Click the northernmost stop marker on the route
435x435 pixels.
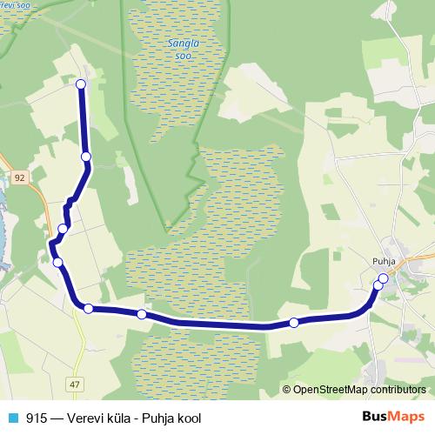pos(81,84)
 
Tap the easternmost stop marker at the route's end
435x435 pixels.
pos(383,278)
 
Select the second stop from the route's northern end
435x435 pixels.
pos(86,157)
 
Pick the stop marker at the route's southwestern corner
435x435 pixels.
pos(88,308)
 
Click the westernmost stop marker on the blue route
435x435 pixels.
pos(57,262)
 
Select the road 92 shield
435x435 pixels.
pos(20,177)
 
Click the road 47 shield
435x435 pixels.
pos(76,385)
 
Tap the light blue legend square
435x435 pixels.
pos(12,418)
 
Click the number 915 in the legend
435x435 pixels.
pos(37,418)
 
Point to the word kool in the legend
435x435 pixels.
pos(187,418)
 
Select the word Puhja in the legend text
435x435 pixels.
pos(157,418)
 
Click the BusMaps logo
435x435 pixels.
pos(393,418)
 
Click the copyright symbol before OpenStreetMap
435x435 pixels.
pos(287,390)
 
